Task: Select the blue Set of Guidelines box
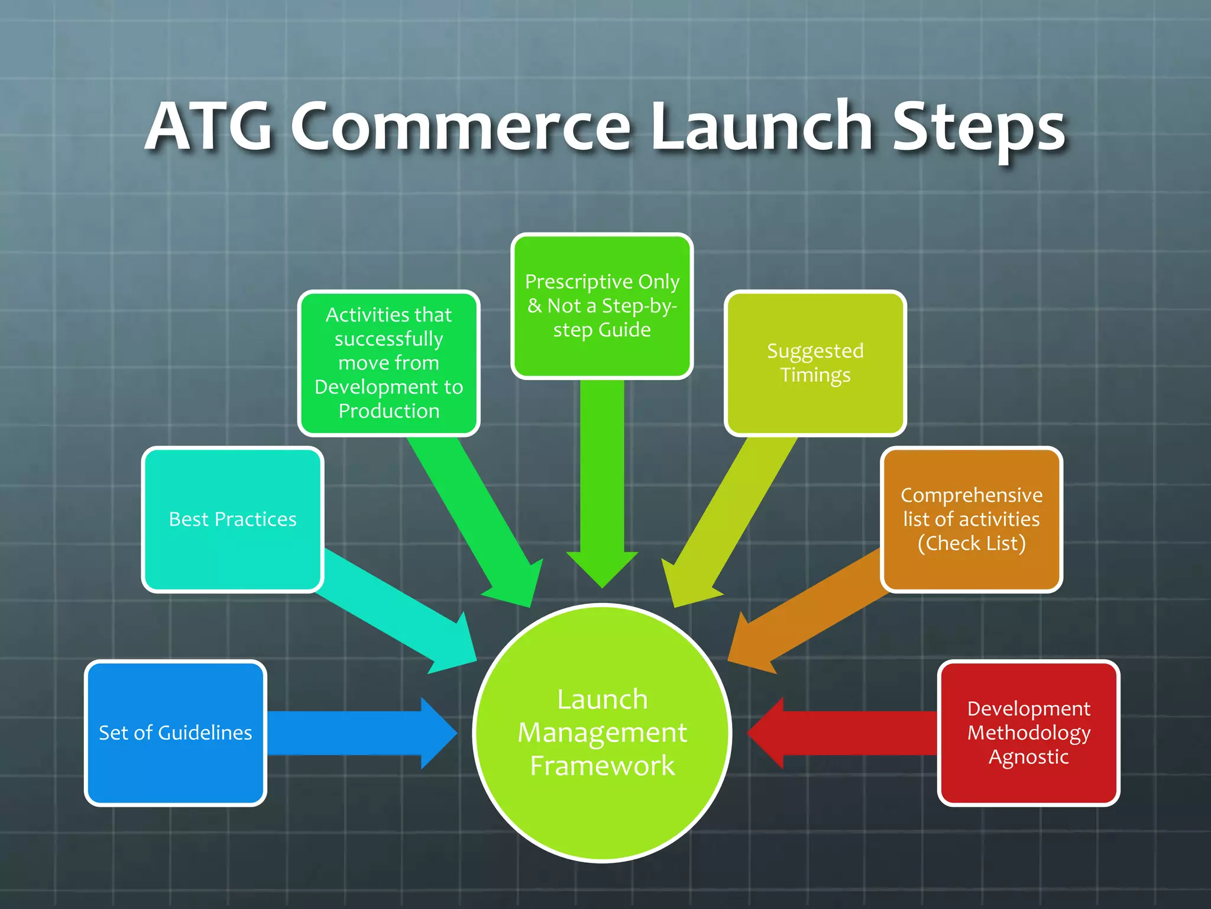[176, 733]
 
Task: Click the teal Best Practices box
[232, 519]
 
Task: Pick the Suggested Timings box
[815, 363]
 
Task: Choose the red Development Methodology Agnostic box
[1028, 733]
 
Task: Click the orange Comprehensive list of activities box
[971, 519]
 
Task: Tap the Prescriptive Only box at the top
[602, 305]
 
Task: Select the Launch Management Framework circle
[602, 733]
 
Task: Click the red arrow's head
[768, 733]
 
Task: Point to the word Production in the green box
[388, 411]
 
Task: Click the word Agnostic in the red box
[1028, 757]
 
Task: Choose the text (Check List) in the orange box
[971, 543]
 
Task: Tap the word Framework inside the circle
[602, 766]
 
